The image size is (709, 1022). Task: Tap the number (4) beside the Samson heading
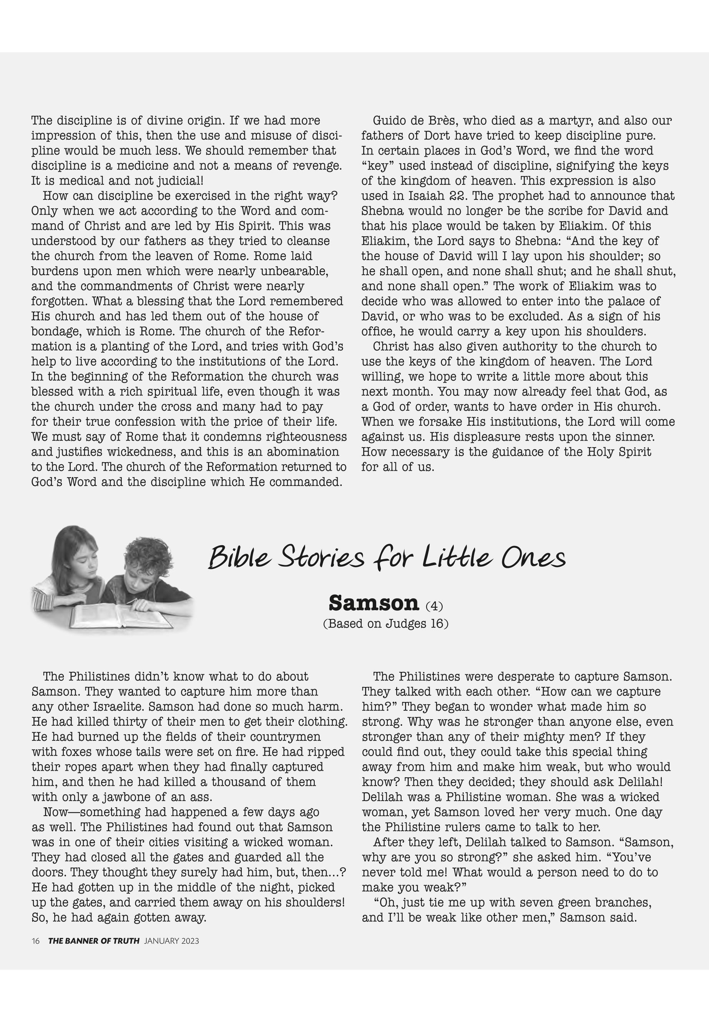pos(434,606)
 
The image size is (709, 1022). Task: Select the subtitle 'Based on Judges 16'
pos(385,624)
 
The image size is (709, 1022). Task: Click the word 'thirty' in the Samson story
pos(133,722)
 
